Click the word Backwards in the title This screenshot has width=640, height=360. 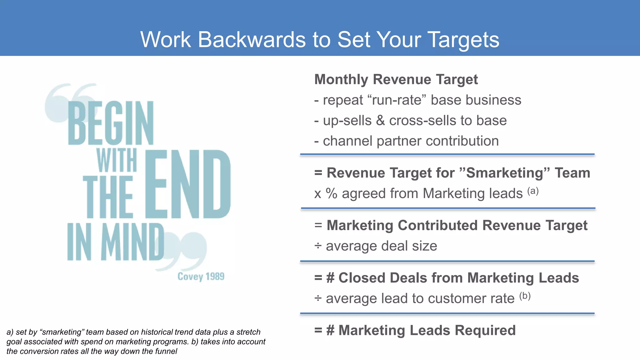(252, 40)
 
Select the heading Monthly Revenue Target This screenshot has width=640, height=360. (396, 79)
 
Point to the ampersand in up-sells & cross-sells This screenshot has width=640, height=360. (380, 121)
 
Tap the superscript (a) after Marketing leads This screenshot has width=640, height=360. (533, 191)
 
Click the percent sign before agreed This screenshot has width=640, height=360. (331, 193)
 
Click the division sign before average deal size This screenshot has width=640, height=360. (318, 246)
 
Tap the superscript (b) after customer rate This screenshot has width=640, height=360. (525, 296)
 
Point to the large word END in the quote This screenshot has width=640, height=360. (187, 184)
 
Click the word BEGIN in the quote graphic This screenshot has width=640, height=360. (111, 123)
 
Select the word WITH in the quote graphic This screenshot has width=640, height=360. (117, 160)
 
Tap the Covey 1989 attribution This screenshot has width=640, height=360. (201, 277)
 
